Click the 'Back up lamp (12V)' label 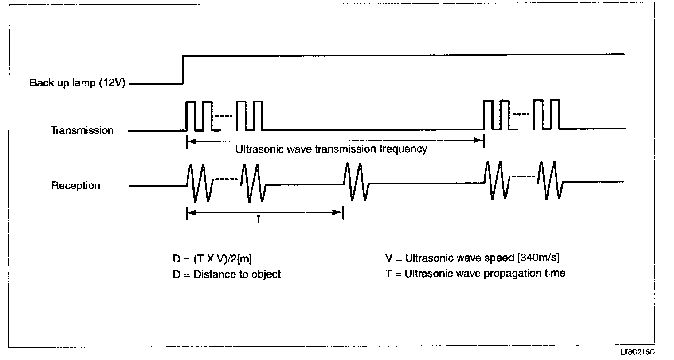pyautogui.click(x=78, y=83)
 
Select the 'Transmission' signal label pyautogui.click(x=82, y=130)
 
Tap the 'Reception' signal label pyautogui.click(x=76, y=185)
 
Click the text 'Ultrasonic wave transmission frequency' pyautogui.click(x=331, y=149)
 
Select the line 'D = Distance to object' pyautogui.click(x=227, y=274)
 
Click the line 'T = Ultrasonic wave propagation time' pyautogui.click(x=475, y=273)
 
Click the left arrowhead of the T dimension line pyautogui.click(x=190, y=213)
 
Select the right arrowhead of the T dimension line pyautogui.click(x=340, y=213)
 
